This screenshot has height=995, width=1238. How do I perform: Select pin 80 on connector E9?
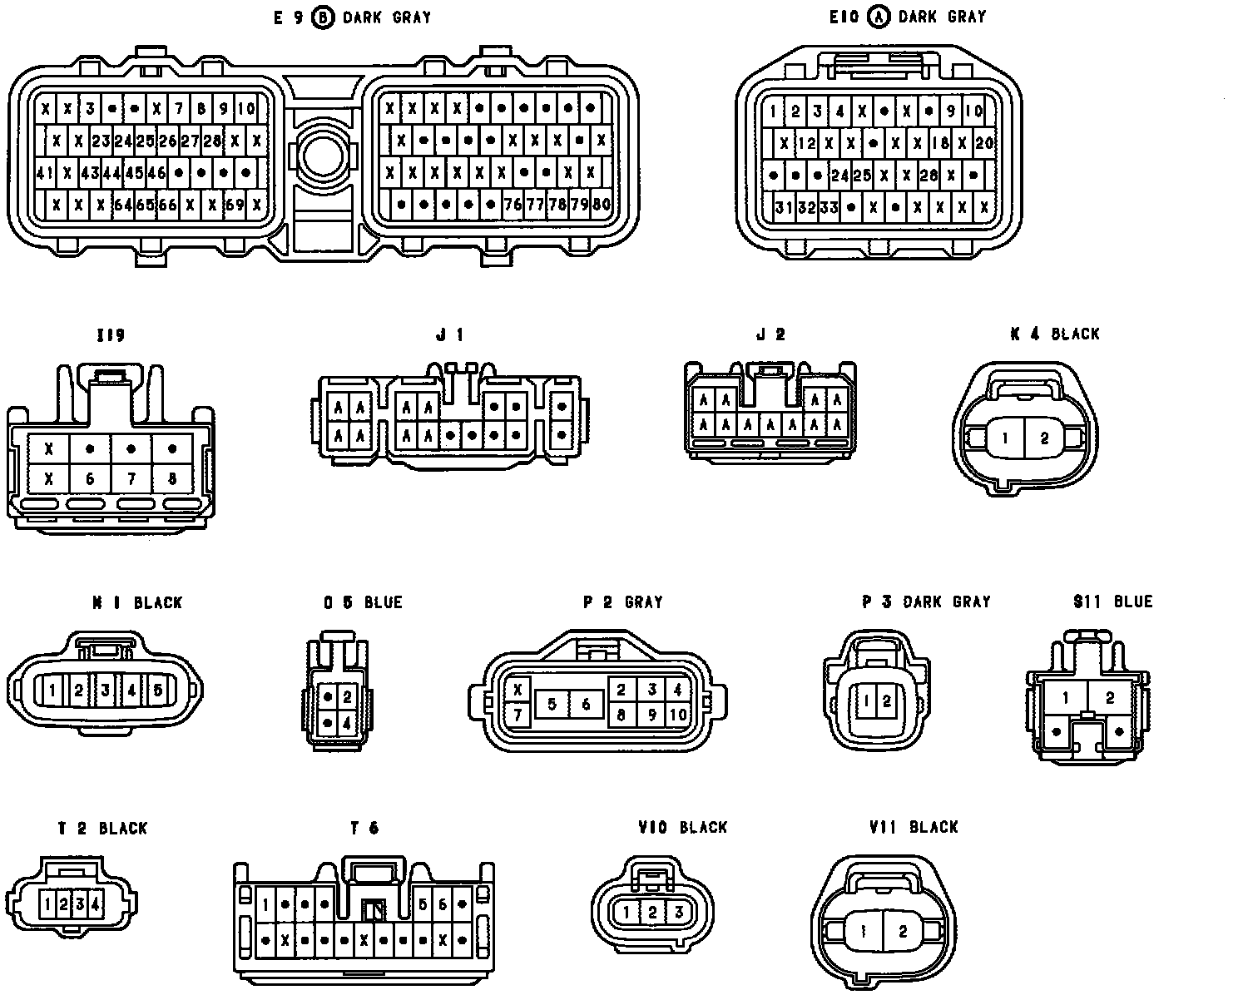601,204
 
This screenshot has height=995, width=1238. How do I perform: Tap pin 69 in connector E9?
235,205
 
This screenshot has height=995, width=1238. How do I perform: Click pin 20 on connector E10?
983,143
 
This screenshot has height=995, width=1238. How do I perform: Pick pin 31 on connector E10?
783,207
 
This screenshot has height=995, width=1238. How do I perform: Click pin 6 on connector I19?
90,479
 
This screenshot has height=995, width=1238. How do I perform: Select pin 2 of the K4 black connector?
1045,438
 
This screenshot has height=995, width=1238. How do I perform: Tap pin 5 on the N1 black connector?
157,690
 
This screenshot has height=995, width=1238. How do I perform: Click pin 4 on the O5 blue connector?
347,723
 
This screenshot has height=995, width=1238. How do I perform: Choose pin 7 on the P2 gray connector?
517,714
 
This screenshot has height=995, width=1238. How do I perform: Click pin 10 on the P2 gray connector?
677,714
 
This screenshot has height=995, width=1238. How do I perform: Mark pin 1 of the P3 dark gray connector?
865,700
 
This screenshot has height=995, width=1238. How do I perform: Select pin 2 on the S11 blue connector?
1109,697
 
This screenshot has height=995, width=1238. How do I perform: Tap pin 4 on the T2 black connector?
97,903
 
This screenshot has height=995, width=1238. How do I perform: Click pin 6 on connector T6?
443,904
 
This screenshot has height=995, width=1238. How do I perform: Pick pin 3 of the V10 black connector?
679,913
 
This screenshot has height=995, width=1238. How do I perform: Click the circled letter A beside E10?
877,17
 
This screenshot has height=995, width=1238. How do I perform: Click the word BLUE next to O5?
383,602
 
